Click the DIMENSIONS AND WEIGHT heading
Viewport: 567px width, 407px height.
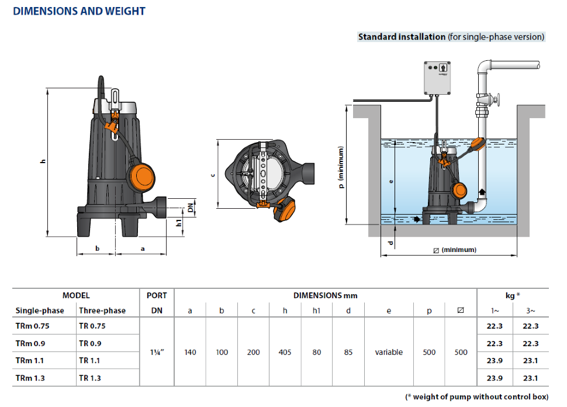click(x=79, y=11)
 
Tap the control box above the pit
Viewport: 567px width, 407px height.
click(x=437, y=78)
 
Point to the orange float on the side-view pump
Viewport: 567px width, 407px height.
click(x=141, y=177)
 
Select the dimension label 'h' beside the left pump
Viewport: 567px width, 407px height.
click(x=43, y=161)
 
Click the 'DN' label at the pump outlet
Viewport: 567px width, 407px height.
click(x=191, y=208)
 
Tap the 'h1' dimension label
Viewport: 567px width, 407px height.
click(x=179, y=223)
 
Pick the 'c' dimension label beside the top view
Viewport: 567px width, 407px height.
click(x=213, y=175)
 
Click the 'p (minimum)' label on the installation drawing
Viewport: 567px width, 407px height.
click(x=341, y=167)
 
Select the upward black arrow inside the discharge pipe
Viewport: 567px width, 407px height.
click(x=482, y=192)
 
